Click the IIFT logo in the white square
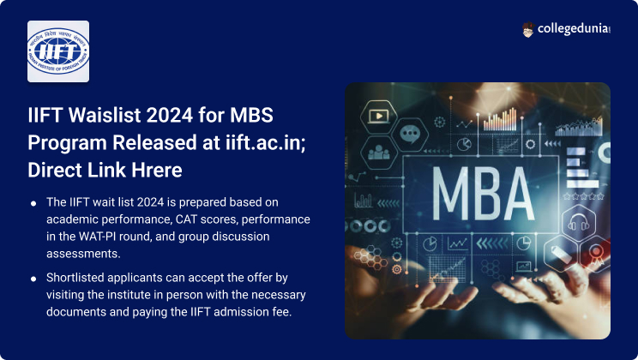tap(58, 51)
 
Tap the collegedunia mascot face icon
tap(527, 30)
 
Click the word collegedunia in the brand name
tap(574, 28)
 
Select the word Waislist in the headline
tap(105, 115)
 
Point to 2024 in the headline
tap(170, 115)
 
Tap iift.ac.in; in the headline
tap(265, 143)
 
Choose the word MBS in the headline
tap(251, 115)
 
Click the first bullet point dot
tap(33, 203)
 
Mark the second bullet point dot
tap(33, 279)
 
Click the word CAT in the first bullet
tap(186, 219)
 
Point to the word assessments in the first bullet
tap(83, 254)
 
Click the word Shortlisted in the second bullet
tap(75, 278)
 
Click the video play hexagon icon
tap(378, 117)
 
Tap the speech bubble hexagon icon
tap(410, 134)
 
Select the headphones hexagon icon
tap(579, 223)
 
